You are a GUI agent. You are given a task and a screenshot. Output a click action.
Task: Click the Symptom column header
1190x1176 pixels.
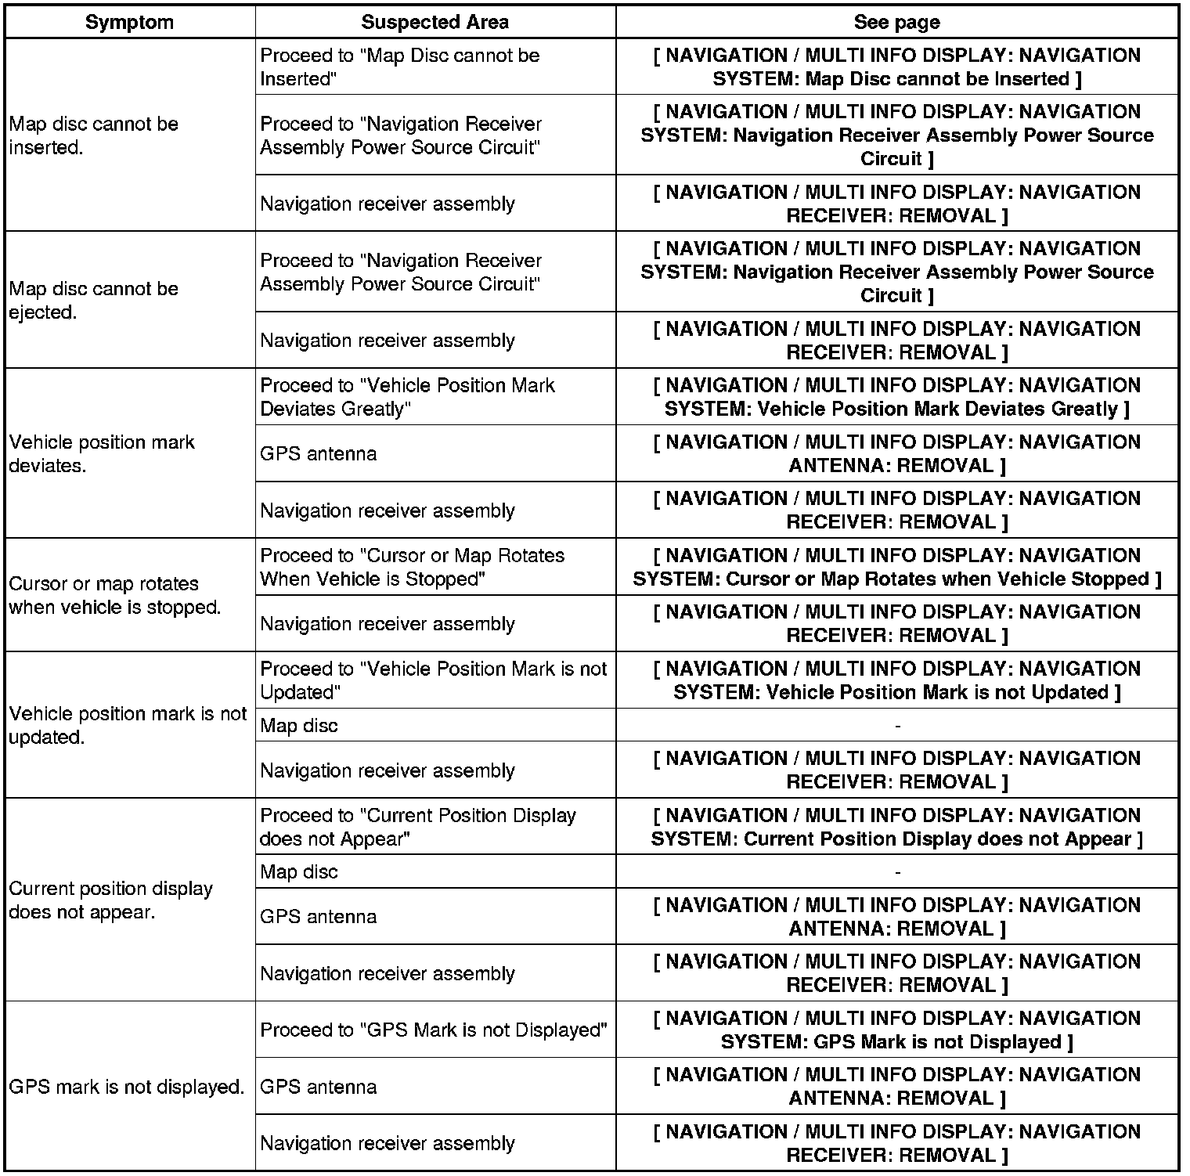(x=129, y=22)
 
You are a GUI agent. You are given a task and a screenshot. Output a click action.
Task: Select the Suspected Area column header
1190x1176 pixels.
(x=435, y=22)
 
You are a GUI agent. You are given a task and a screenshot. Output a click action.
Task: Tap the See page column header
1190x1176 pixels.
(x=896, y=22)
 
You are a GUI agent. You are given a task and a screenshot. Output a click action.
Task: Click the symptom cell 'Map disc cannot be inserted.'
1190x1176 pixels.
(x=94, y=135)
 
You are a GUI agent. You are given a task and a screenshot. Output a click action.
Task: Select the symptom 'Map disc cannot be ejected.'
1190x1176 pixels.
(x=94, y=300)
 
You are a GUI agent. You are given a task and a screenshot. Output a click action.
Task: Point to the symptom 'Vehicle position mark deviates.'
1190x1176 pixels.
(x=102, y=453)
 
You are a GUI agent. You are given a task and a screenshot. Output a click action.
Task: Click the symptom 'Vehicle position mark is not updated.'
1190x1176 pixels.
(x=128, y=725)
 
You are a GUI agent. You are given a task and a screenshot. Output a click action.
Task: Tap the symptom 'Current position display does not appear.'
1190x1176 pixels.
(x=110, y=900)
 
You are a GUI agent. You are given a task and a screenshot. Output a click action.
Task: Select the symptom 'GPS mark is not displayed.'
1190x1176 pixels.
(x=127, y=1087)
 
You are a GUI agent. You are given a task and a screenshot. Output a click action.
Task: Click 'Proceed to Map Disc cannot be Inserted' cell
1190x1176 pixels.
(x=400, y=67)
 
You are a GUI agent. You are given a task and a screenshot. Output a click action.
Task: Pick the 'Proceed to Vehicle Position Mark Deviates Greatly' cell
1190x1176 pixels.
(x=407, y=397)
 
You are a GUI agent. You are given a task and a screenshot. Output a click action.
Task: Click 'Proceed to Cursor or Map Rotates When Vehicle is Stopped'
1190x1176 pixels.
(x=412, y=567)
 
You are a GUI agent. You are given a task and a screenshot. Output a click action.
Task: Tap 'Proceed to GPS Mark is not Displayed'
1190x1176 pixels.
(x=434, y=1030)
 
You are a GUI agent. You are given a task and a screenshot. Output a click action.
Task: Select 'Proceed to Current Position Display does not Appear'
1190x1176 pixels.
(x=417, y=827)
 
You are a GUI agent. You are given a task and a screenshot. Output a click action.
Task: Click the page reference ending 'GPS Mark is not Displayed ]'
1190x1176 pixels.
(x=896, y=1030)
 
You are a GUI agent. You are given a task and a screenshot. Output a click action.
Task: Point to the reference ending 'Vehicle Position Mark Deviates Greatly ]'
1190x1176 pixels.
(x=896, y=397)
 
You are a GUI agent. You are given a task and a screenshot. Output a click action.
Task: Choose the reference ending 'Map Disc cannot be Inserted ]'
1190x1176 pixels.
(x=896, y=67)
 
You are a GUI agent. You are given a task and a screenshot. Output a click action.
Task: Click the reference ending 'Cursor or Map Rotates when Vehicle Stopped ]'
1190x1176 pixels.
(x=896, y=567)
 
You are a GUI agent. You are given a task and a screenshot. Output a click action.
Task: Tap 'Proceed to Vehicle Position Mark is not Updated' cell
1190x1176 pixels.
(x=434, y=680)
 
